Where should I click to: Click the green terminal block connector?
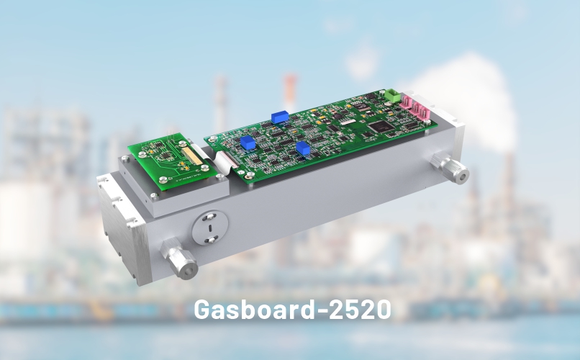391,96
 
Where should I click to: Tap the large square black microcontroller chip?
381,126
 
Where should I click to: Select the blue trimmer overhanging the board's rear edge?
280,117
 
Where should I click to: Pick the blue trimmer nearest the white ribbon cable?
247,143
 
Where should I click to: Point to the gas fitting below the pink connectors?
450,168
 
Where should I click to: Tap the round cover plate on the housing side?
209,228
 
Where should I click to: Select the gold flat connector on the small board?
191,155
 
